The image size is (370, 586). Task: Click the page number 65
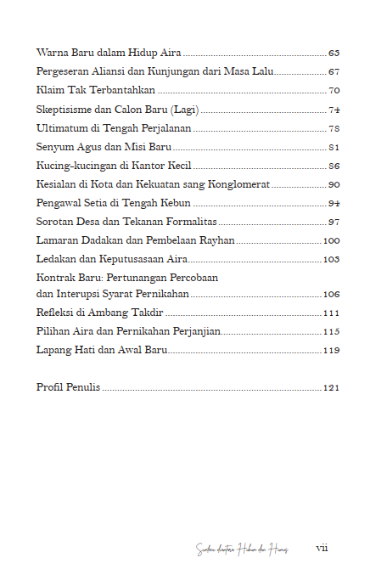[334, 52]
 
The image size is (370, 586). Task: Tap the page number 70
[334, 90]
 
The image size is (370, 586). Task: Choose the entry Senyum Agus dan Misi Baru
[104, 147]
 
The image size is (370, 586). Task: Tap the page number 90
[334, 184]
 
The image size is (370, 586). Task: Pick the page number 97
[334, 222]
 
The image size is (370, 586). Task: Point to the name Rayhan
[216, 240]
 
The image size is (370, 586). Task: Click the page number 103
[332, 259]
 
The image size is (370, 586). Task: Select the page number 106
[332, 294]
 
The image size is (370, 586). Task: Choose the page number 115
[332, 331]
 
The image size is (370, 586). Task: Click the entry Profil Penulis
[68, 387]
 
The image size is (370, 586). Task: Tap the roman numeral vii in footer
[322, 548]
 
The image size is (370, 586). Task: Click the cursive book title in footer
[242, 549]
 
